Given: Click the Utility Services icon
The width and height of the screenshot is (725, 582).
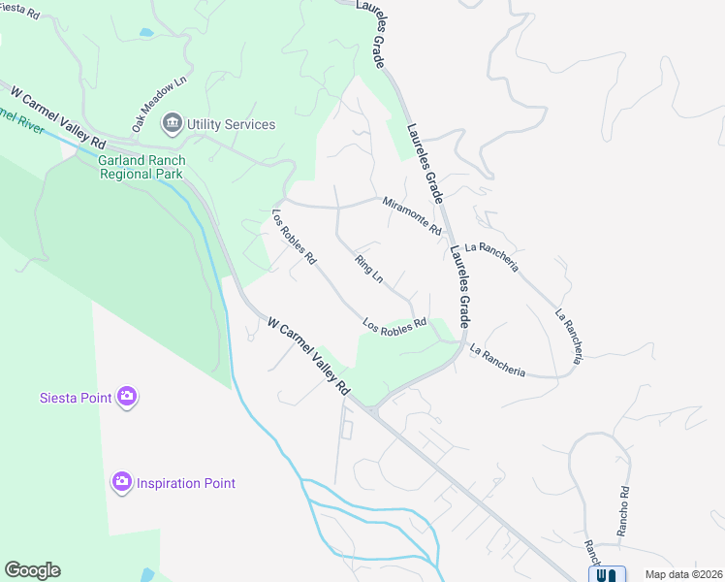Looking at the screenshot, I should [x=173, y=123].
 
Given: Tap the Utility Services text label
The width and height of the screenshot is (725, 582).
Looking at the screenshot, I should [x=231, y=124].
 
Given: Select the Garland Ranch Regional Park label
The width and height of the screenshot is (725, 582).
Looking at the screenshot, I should [x=142, y=167].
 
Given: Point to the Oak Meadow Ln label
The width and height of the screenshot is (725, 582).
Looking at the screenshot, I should [x=159, y=107].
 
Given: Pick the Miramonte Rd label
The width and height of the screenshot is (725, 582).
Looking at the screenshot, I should [x=412, y=216].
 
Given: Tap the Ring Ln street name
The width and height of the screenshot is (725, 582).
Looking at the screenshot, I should [x=369, y=269].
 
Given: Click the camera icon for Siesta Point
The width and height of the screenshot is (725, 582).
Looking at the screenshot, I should [x=127, y=396].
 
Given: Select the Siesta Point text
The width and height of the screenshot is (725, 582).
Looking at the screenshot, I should [x=76, y=396].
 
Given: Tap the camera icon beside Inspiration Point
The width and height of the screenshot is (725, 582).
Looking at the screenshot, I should [x=121, y=482].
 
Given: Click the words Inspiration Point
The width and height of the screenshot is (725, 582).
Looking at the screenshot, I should [x=185, y=483].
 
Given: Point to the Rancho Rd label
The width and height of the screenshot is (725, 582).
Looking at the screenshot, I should [x=624, y=511].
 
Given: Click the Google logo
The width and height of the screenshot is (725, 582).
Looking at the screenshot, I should [x=32, y=570].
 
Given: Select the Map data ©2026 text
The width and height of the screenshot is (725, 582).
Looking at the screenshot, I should [x=682, y=574].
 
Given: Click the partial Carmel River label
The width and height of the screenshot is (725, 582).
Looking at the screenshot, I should [x=21, y=120].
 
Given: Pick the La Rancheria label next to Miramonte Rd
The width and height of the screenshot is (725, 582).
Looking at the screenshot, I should [x=491, y=256].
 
